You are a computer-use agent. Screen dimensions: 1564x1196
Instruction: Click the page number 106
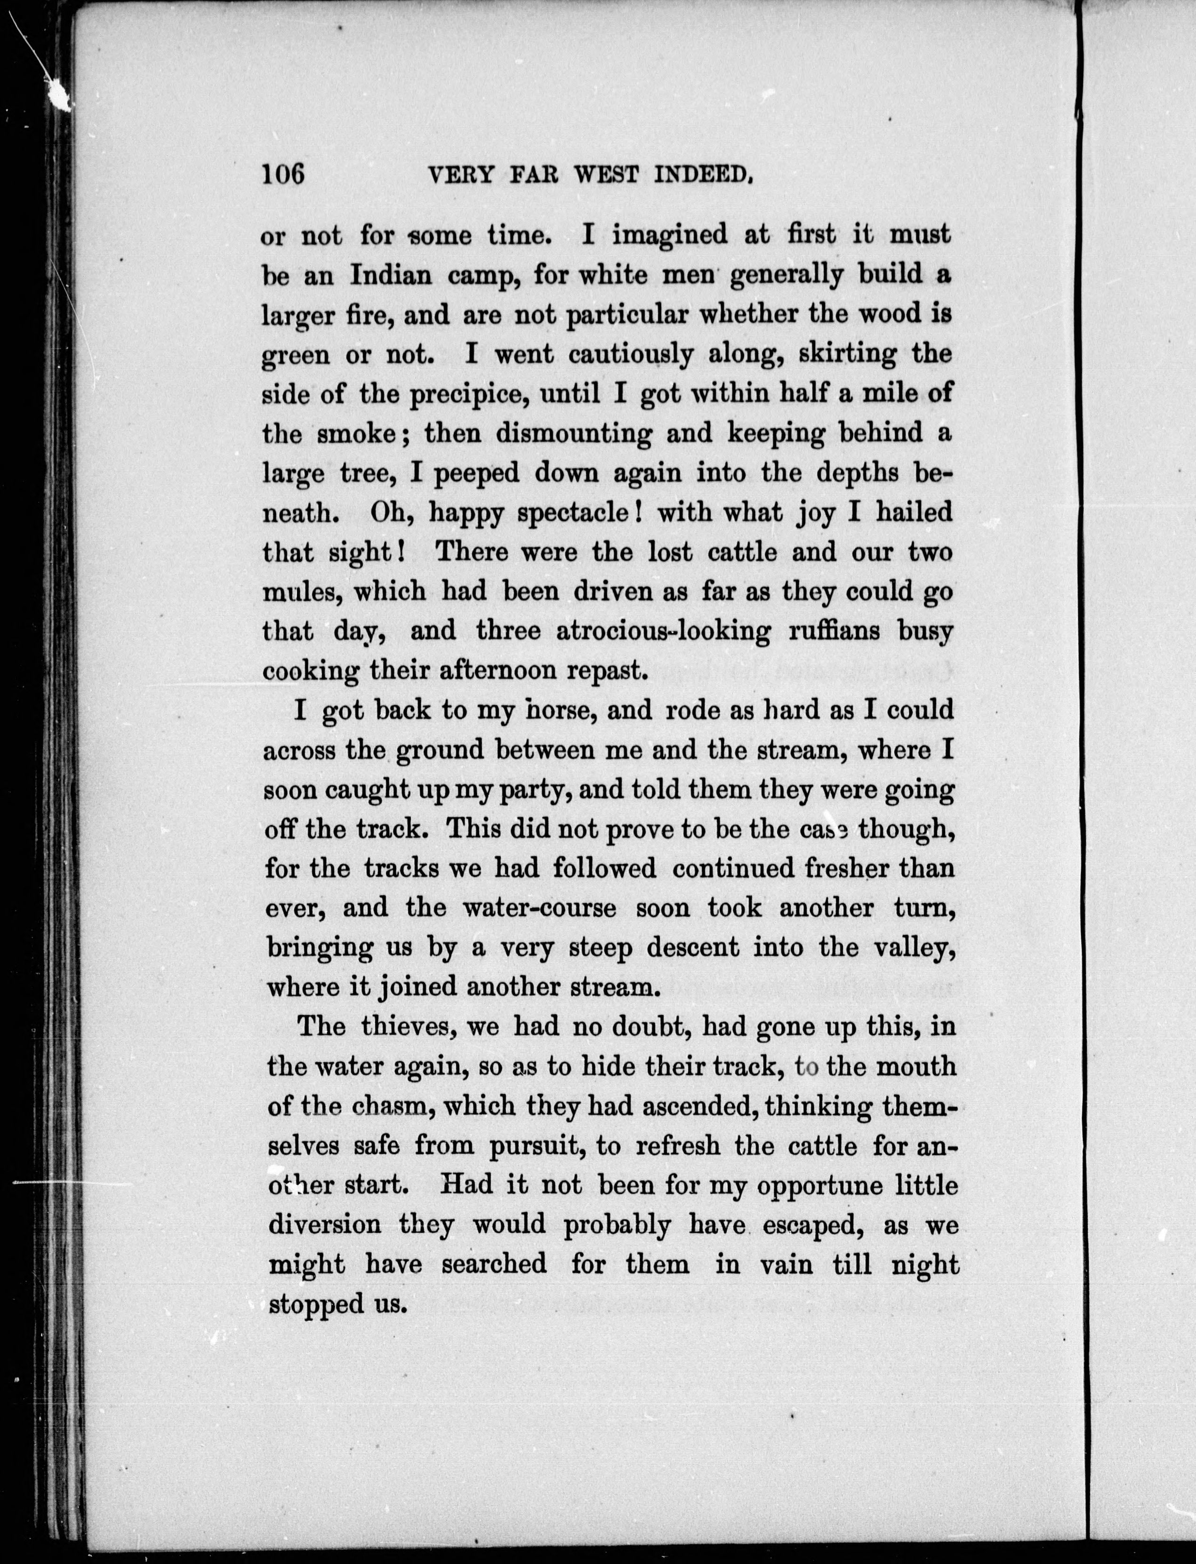point(283,174)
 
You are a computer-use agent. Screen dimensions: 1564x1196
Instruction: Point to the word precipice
point(469,394)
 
